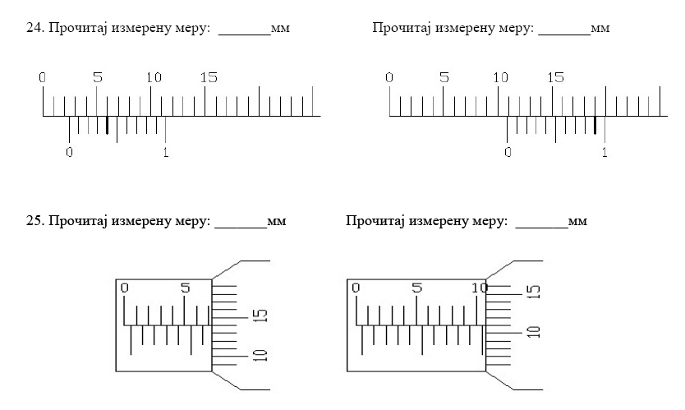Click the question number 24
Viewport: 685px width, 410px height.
tap(36, 30)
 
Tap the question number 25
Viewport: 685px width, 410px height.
tap(36, 222)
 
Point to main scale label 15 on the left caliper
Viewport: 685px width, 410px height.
tap(209, 78)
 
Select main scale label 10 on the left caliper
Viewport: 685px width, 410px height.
tap(154, 78)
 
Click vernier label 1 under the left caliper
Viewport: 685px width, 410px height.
tap(166, 152)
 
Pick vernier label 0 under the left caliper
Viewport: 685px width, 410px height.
tap(69, 152)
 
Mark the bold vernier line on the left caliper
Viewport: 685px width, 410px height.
tap(107, 125)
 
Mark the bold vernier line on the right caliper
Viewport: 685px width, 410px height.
tap(595, 125)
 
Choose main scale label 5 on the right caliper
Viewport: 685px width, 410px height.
tap(444, 78)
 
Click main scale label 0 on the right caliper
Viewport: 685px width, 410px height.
tap(389, 78)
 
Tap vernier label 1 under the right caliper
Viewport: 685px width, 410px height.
tap(605, 152)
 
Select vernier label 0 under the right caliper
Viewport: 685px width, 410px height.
tap(508, 152)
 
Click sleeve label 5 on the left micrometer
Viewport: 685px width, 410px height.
tap(185, 288)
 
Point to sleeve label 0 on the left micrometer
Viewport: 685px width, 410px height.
tap(125, 288)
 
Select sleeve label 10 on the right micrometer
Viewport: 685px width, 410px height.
tap(478, 288)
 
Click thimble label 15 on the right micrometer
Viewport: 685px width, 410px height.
tap(534, 291)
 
